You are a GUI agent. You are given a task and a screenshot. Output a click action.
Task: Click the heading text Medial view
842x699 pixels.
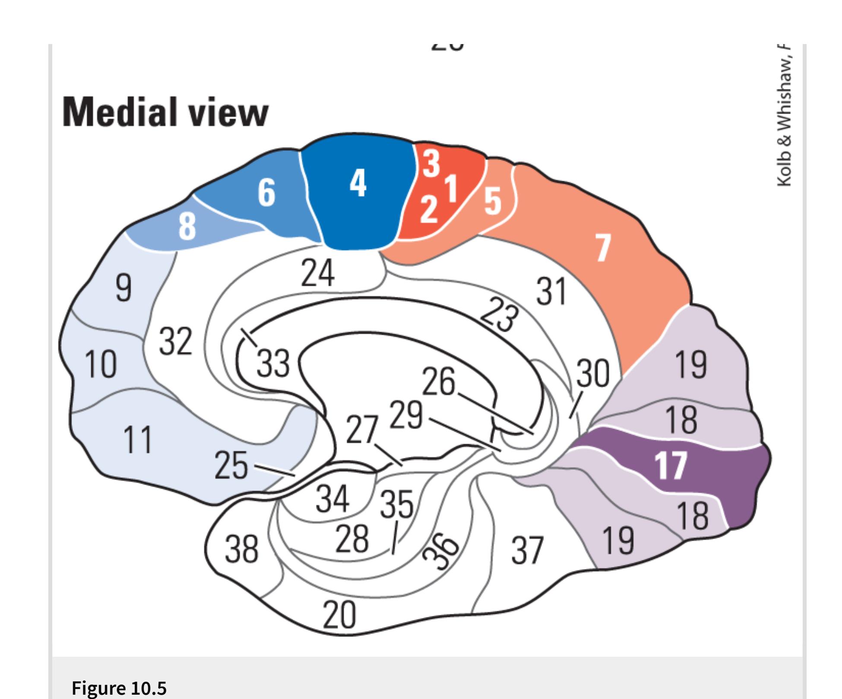point(165,111)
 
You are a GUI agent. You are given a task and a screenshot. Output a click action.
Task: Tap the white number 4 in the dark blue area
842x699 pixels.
point(358,183)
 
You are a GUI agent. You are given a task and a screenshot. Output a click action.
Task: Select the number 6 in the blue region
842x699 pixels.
point(266,192)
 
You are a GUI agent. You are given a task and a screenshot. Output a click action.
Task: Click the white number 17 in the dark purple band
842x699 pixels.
point(670,465)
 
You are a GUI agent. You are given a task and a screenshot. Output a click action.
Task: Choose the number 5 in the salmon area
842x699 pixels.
point(493,201)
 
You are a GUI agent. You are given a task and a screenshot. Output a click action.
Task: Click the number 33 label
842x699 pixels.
point(273,363)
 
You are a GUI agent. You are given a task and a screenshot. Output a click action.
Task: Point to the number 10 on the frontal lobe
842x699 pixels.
point(100,364)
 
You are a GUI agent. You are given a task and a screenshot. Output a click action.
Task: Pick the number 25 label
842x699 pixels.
point(231,465)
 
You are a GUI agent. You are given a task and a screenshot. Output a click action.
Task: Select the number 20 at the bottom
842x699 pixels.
point(339,615)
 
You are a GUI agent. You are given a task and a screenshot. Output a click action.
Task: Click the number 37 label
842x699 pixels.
point(527,550)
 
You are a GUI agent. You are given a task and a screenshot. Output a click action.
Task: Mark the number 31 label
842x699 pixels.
point(551,291)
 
